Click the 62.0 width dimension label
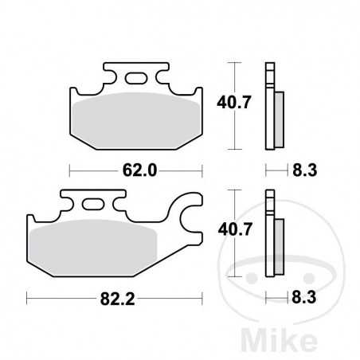pyautogui.click(x=135, y=170)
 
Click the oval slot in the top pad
pyautogui.click(x=136, y=78)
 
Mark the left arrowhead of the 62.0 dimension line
pyautogui.click(x=72, y=170)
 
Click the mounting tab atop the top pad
pyautogui.click(x=136, y=74)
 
